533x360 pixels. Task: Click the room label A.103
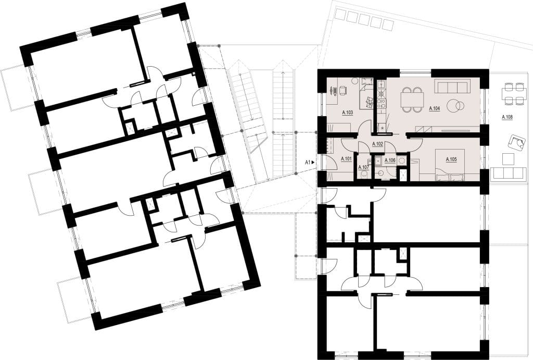[347, 112]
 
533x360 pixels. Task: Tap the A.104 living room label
[435, 108]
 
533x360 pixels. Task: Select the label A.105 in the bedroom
[451, 159]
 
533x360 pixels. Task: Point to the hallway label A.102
[378, 144]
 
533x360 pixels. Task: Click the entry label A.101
[346, 158]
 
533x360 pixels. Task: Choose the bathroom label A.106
[390, 160]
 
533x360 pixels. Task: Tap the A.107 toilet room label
[364, 167]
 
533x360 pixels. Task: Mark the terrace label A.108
[507, 117]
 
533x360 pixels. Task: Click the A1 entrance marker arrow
[313, 163]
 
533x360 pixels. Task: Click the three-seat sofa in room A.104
[452, 86]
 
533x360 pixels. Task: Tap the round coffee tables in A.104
[455, 105]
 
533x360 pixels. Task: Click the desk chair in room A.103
[341, 90]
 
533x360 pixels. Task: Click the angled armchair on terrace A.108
[516, 142]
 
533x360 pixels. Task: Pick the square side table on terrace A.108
[508, 159]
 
